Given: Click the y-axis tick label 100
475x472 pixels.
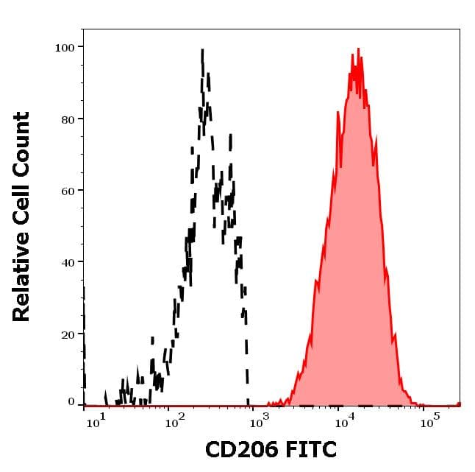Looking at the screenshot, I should point(65,48).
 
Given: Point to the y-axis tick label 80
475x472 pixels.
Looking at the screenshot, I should point(68,119).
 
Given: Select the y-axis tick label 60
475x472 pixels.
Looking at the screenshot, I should point(68,191).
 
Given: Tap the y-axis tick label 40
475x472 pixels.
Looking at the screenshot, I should point(68,262).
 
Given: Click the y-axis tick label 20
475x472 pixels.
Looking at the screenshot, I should point(68,334).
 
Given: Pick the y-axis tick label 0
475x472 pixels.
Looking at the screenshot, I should point(71,402).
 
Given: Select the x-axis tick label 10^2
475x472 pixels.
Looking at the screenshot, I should point(175,422).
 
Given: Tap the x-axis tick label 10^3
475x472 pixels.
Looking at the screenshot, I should point(260,422).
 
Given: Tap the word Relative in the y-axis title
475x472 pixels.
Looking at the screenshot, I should point(21,275).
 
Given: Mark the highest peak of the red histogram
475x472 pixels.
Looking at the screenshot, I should point(358,49).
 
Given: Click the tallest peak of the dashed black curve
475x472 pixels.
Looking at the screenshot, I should point(202,51).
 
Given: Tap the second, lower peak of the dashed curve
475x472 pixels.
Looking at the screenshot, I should point(230,135).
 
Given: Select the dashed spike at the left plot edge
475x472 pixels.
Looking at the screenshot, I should point(85,287).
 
